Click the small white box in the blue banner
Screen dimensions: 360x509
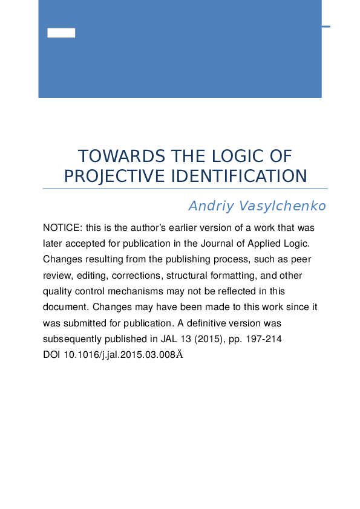pyautogui.click(x=61, y=33)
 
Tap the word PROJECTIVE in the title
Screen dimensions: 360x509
pyautogui.click(x=114, y=176)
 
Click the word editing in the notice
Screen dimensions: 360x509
pyautogui.click(x=89, y=275)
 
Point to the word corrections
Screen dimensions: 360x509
pyautogui.click(x=137, y=275)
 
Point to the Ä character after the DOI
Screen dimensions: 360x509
pyautogui.click(x=178, y=354)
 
